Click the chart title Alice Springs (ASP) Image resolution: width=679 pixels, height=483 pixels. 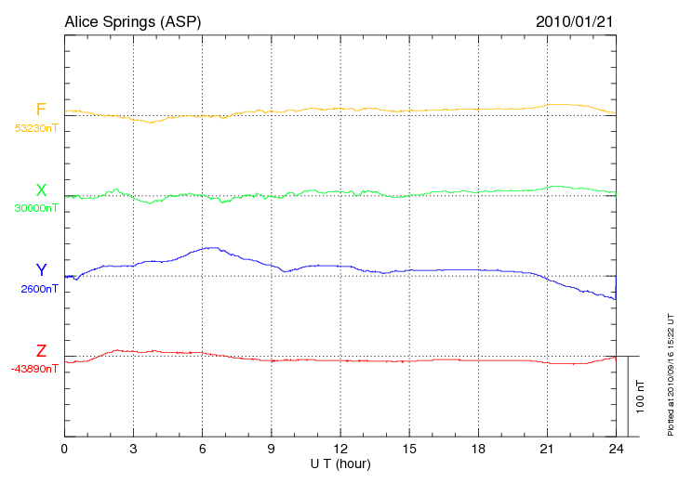[x=132, y=21]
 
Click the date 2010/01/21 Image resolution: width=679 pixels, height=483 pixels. [x=577, y=21]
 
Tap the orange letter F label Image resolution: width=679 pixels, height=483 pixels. [x=41, y=110]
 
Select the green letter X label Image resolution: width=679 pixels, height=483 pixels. [x=41, y=190]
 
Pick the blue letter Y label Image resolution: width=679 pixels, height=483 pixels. [x=41, y=270]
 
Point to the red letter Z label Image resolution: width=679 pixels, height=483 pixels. [x=41, y=351]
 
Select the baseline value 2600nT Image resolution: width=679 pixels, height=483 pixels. [x=40, y=289]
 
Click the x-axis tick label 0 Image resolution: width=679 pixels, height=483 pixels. [x=64, y=450]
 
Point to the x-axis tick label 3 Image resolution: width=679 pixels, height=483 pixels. [x=133, y=450]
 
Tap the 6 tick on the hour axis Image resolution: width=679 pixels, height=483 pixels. [x=203, y=450]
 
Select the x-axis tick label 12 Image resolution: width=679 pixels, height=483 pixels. [x=340, y=450]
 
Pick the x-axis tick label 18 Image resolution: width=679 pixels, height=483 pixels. [x=478, y=450]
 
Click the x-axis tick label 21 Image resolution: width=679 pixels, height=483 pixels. [x=547, y=450]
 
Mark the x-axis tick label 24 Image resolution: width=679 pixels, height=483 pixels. [x=616, y=450]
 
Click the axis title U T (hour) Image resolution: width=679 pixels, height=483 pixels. [x=340, y=463]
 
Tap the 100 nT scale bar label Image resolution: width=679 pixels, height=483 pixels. [x=641, y=396]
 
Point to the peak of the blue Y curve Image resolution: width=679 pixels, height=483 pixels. [x=214, y=247]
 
